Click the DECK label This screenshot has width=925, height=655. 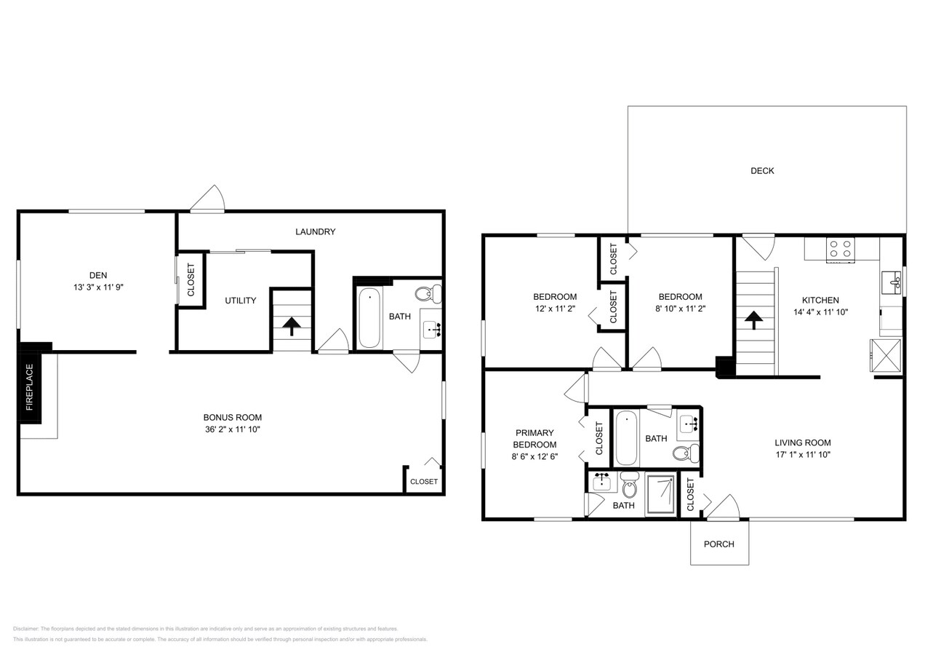(x=762, y=171)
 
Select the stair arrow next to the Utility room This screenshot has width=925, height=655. (x=292, y=326)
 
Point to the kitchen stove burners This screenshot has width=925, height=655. (x=841, y=249)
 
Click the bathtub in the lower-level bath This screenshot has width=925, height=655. (x=369, y=318)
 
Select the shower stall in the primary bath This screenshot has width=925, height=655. (x=660, y=494)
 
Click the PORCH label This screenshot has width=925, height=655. (x=718, y=544)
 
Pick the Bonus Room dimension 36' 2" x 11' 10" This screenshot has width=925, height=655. (x=232, y=429)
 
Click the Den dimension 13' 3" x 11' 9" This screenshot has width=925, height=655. (x=98, y=287)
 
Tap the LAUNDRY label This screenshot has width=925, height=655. (x=315, y=232)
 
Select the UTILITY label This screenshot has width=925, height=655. (x=240, y=301)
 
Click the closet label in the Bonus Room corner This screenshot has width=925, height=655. (x=424, y=482)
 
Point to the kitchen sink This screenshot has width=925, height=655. (x=890, y=280)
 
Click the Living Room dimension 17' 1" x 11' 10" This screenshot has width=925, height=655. (x=802, y=454)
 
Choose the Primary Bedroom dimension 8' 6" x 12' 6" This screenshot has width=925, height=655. (x=534, y=456)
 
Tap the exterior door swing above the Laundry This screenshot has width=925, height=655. (x=209, y=199)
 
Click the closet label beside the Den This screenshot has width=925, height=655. (x=191, y=279)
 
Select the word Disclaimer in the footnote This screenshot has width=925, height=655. (x=25, y=629)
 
